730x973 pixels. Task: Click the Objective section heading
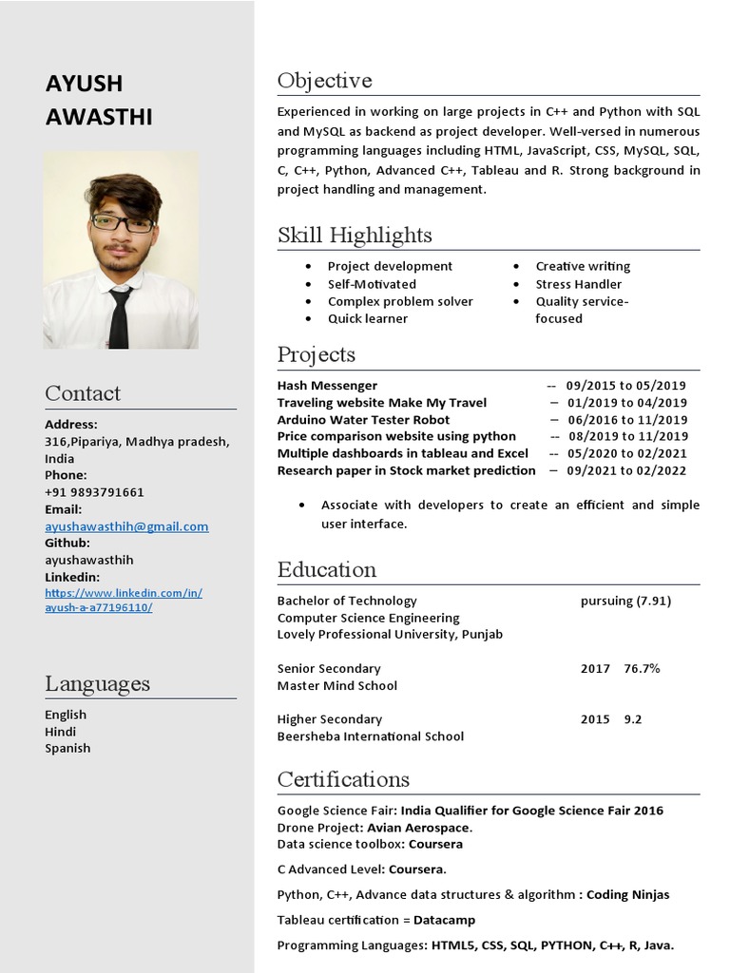coord(324,81)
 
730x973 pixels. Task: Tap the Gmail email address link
coord(126,526)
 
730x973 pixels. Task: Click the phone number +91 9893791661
coord(94,492)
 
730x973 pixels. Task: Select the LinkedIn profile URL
coord(123,601)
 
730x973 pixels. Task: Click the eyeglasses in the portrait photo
coord(123,224)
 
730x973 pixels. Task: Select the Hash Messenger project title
coord(327,386)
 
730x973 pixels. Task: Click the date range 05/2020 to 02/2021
coord(626,454)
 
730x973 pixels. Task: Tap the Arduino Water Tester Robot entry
coord(363,420)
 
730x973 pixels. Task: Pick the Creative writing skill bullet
coord(583,267)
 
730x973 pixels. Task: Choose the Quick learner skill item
coord(368,318)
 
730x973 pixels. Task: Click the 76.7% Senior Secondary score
coord(642,669)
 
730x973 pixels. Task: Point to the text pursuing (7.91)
coord(625,601)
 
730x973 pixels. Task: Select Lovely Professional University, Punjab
coord(390,635)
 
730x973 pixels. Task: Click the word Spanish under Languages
coord(67,749)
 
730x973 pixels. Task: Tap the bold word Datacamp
coord(444,920)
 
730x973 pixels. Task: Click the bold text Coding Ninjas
coord(628,894)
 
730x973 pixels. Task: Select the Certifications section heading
coord(343,780)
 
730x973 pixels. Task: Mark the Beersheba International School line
coord(371,736)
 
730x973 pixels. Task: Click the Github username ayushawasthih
coord(89,561)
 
